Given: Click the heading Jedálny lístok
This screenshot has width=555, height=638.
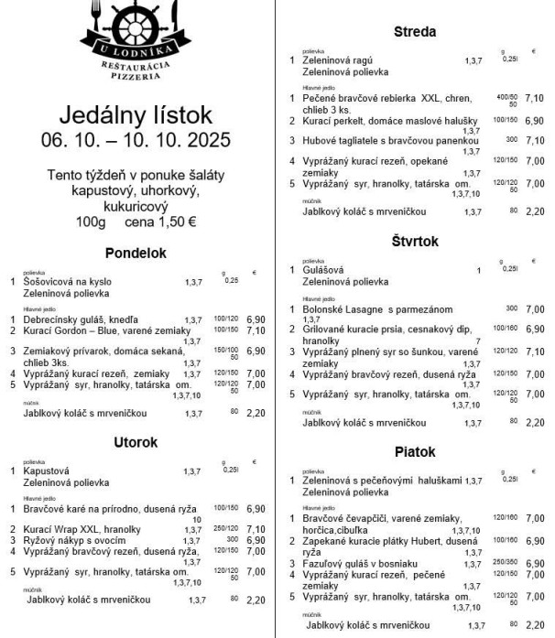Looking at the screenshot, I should (136, 115).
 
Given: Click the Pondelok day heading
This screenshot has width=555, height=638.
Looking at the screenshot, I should (136, 253).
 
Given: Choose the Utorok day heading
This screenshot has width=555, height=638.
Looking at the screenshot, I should (136, 443).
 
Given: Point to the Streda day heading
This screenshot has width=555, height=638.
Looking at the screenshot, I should (414, 32).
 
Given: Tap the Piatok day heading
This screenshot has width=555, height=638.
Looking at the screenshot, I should (414, 452).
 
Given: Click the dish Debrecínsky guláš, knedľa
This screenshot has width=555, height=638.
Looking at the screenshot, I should (81, 320).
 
